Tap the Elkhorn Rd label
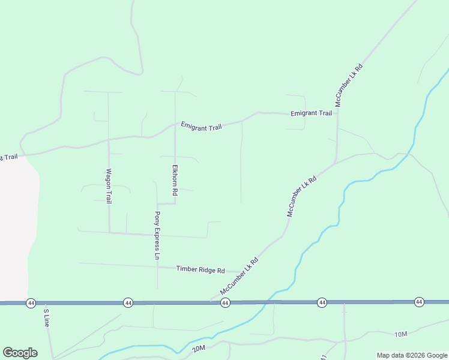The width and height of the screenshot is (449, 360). pos(175,180)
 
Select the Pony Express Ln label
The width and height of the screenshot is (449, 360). pos(157,235)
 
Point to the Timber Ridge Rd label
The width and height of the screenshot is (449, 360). pos(200,270)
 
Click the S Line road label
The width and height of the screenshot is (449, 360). pos(46,317)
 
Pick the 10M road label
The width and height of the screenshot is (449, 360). pos(401,334)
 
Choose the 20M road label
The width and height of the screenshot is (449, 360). pos(199,348)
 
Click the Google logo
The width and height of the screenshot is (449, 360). pos(20,353)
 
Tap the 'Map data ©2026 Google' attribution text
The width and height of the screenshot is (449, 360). pos(412,355)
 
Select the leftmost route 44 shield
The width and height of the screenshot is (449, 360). pos(31,304)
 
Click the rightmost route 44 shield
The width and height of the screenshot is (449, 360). pos(419,302)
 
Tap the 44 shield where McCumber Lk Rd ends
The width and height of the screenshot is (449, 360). pos(225,304)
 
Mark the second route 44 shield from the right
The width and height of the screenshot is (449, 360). pos(322,302)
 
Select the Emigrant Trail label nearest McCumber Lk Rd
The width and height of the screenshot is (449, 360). pos(311,113)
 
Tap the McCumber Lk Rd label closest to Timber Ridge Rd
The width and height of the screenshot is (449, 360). pos(239,276)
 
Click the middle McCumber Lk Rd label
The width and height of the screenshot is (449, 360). pos(301,196)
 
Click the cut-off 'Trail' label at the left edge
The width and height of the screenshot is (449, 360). pos(8,157)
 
